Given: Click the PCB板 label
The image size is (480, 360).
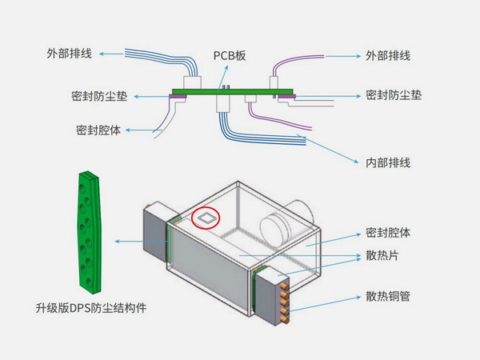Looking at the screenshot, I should [230, 56].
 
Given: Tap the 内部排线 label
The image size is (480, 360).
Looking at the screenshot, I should [388, 163].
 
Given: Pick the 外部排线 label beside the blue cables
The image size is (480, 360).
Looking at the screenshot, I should [69, 54].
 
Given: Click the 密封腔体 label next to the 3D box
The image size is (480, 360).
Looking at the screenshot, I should [388, 233].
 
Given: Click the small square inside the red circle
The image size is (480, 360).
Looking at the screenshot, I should [207, 216].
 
